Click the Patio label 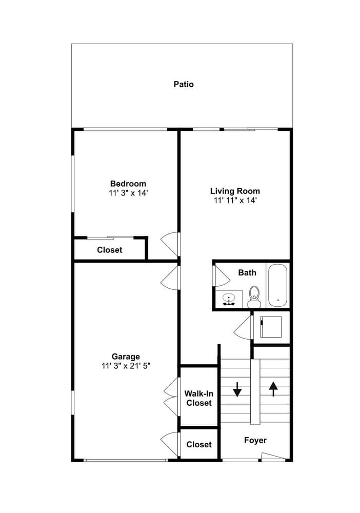[184, 85]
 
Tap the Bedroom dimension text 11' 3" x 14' [129, 193]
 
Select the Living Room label [235, 191]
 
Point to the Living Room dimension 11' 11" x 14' [235, 201]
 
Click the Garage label [126, 357]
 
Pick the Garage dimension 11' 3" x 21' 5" [126, 366]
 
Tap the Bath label [247, 272]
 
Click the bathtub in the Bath [277, 285]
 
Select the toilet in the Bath [254, 297]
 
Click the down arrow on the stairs [237, 389]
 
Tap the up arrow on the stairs [273, 389]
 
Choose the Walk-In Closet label [199, 398]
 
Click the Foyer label [255, 440]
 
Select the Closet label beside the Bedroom [110, 250]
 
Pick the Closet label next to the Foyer [199, 445]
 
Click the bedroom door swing [170, 244]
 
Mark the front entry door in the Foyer [273, 457]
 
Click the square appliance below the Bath [271, 327]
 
